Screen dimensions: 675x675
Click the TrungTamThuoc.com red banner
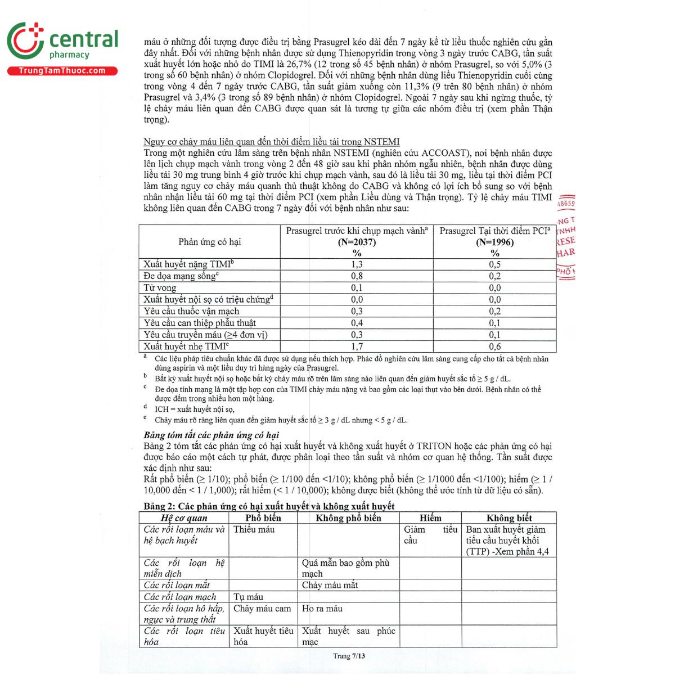pos(62,71)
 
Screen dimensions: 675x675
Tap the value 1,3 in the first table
pos(357,264)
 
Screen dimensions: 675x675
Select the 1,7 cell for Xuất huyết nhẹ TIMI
pos(357,346)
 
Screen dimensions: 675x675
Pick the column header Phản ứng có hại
pos(209,242)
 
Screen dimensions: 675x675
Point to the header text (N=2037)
pos(357,242)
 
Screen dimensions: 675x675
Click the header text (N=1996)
pos(494,242)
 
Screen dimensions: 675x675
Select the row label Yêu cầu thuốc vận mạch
pos(191,311)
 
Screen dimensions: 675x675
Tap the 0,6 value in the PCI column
pos(494,346)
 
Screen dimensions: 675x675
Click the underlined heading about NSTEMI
pos(272,142)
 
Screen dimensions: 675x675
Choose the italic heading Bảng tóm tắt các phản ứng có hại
pos(211,435)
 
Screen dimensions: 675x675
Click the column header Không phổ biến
pos(348,518)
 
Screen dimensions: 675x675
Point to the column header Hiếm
pos(430,518)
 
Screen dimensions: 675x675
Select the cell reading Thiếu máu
pos(254,529)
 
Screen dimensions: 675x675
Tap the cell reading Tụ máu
pos(248,597)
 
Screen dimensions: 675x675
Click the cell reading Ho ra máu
pos(322,608)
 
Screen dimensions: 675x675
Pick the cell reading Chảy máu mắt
pos(330,585)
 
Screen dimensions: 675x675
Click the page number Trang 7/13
pos(349,656)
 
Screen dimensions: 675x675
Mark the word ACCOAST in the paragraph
pos(444,153)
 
